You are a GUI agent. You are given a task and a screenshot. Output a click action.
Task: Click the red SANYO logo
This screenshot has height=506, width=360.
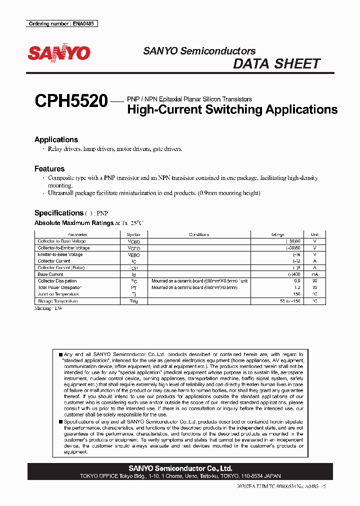click(x=58, y=53)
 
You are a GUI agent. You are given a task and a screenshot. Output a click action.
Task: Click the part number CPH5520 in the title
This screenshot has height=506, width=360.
click(x=71, y=102)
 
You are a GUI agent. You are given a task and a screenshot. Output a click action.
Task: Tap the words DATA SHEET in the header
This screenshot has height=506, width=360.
click(x=276, y=64)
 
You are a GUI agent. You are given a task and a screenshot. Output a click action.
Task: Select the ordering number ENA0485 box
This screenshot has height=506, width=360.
click(x=61, y=23)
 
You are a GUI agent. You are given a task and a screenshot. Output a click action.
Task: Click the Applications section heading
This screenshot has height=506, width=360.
click(x=56, y=139)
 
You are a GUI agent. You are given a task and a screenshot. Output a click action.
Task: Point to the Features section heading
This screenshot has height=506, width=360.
click(x=49, y=169)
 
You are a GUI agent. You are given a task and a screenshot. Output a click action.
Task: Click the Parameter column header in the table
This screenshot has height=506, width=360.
click(x=77, y=234)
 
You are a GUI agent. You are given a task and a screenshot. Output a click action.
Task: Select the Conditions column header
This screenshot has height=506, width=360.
click(x=199, y=234)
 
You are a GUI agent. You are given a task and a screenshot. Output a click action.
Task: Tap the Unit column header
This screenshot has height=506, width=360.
click(x=314, y=234)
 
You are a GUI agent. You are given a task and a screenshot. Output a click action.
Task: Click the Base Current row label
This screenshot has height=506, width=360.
click(x=50, y=274)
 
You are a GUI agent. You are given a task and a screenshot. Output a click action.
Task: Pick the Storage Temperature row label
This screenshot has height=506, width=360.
click(x=57, y=301)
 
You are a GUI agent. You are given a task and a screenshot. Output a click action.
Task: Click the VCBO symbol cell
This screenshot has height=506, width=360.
click(x=133, y=241)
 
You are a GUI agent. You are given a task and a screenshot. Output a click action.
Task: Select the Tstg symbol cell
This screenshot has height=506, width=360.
click(x=133, y=301)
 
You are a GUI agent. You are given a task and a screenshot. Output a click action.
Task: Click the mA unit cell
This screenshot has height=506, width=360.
click(x=314, y=274)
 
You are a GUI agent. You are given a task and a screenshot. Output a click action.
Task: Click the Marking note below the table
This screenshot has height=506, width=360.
click(x=48, y=308)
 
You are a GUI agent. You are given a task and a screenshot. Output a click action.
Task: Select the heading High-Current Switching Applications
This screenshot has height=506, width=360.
click(x=232, y=109)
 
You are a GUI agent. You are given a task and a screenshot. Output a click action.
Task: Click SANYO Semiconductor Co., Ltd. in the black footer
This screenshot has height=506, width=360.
click(x=180, y=468)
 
